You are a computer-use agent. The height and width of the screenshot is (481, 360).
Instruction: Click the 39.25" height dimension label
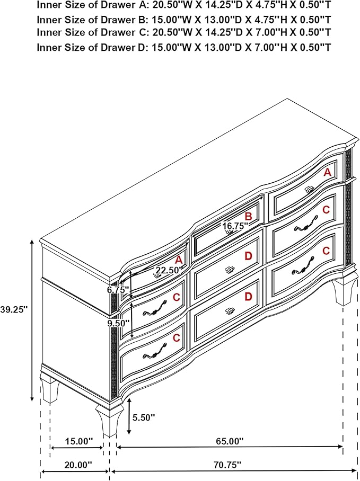click(14, 310)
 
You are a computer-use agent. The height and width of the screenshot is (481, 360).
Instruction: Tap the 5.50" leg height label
click(144, 417)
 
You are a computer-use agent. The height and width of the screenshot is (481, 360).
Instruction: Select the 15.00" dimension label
click(78, 441)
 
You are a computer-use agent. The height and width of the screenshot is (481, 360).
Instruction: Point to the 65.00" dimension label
click(229, 441)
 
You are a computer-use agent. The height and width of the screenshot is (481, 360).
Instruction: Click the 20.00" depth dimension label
click(78, 465)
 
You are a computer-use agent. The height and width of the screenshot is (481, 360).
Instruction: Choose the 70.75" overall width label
click(227, 465)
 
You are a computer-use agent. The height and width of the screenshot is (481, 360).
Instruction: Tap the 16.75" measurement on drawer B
click(235, 226)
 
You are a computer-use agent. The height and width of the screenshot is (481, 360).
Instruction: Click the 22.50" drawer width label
click(169, 271)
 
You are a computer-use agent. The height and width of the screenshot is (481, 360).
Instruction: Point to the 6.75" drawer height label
click(118, 290)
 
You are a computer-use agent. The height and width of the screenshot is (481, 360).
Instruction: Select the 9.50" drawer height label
click(118, 323)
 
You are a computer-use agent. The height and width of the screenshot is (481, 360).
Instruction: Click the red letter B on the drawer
click(248, 216)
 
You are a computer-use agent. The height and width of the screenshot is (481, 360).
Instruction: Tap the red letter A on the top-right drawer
click(328, 173)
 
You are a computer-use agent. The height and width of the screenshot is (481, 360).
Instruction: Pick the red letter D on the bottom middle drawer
click(248, 297)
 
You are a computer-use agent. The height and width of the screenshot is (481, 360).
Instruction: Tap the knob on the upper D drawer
click(229, 270)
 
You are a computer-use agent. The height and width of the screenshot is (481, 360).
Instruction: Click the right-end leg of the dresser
click(345, 291)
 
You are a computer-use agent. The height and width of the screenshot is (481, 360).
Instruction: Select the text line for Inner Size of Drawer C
click(184, 32)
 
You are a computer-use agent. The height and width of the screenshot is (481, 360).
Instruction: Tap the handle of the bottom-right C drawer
click(303, 265)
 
